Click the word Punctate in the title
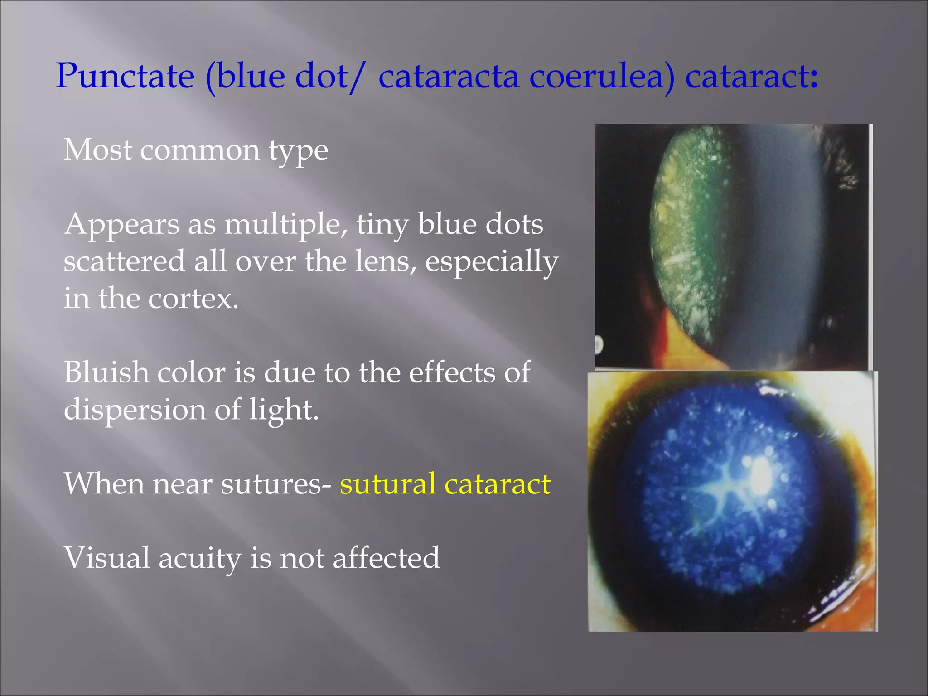tap(125, 76)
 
